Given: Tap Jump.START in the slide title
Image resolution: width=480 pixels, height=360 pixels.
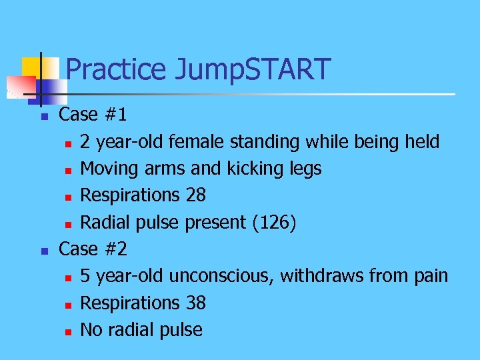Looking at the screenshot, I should [x=253, y=69].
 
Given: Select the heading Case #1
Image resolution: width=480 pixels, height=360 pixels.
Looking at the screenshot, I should [x=93, y=115].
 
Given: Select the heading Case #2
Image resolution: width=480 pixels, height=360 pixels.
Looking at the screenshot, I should [x=93, y=249].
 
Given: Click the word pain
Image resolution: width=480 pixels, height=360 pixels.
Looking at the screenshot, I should [x=430, y=275].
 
